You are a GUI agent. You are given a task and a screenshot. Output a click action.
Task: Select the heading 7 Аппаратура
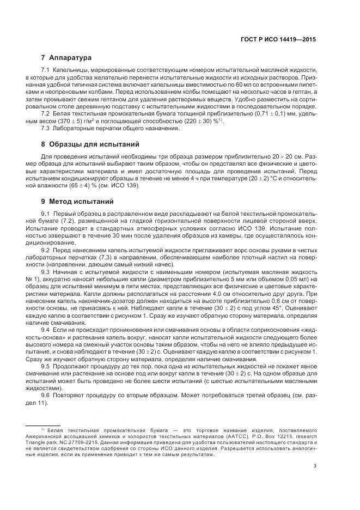pyautogui.click(x=66, y=57)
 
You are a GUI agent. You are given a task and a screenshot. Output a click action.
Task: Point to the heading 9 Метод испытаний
pyautogui.click(x=79, y=201)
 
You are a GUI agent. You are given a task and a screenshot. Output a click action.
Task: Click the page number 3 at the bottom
pyautogui.click(x=315, y=466)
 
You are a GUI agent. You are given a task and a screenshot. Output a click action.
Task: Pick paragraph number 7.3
pyautogui.click(x=46, y=129)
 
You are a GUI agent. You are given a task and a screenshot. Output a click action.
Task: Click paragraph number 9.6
pyautogui.click(x=46, y=394)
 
